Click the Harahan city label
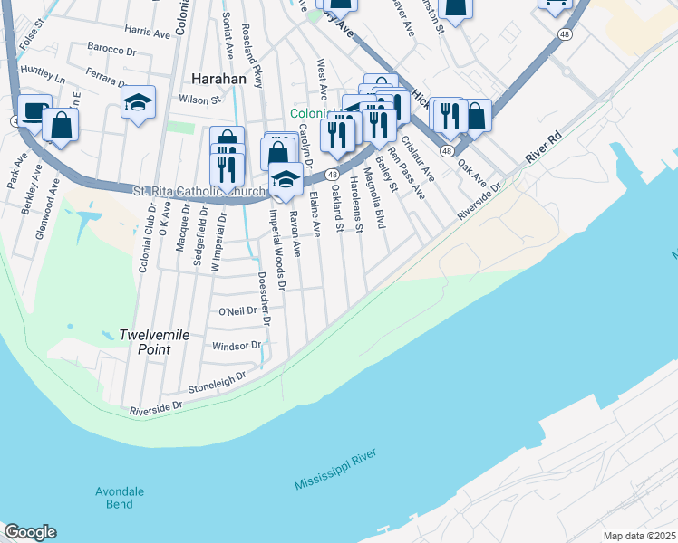click(218, 79)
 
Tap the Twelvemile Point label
click(154, 341)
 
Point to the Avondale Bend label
click(120, 498)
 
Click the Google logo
click(30, 532)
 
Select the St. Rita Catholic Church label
click(199, 191)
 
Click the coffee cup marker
click(34, 110)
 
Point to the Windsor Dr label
click(236, 346)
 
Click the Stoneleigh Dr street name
click(217, 381)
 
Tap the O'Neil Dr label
click(238, 311)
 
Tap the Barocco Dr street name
click(111, 47)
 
